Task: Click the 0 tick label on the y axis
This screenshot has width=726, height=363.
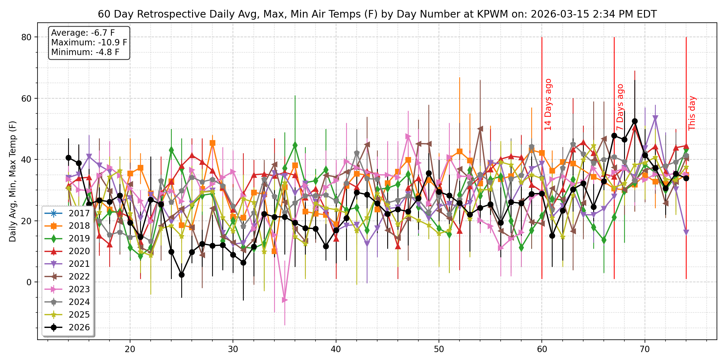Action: (29, 282)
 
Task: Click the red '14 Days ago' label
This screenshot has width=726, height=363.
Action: (548, 105)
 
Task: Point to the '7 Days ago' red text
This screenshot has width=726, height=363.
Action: (620, 107)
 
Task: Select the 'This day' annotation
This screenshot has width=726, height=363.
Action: (692, 113)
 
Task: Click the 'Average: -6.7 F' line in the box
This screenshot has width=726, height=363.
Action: (83, 33)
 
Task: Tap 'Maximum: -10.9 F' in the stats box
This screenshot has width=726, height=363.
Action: (89, 42)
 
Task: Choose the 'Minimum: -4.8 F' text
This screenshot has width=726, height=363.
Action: (85, 52)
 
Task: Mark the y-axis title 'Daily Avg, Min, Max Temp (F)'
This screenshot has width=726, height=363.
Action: (12, 181)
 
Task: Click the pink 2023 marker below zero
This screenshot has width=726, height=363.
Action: (284, 300)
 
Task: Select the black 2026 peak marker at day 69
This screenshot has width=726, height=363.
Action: (635, 121)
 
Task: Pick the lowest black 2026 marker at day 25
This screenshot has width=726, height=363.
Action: (181, 275)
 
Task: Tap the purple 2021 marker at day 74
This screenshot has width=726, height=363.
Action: (686, 232)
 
